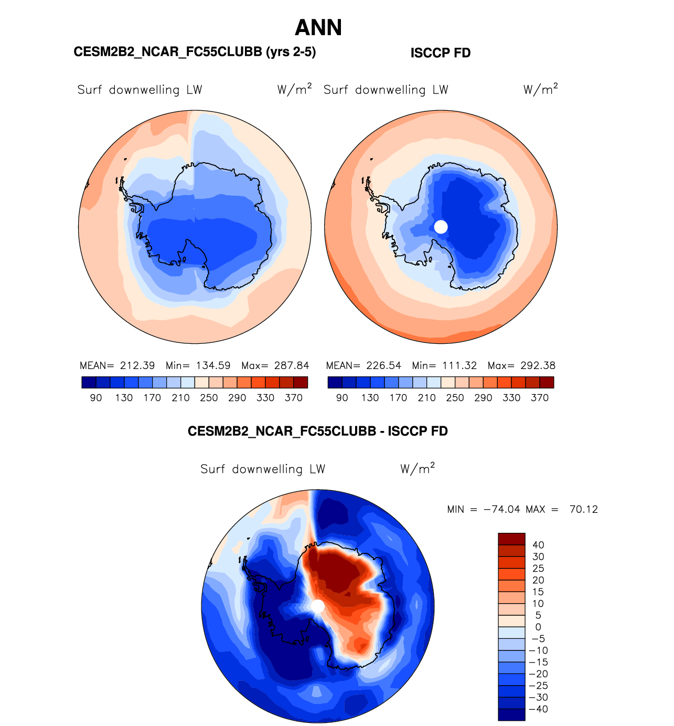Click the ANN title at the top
click(318, 28)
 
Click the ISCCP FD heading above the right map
click(441, 53)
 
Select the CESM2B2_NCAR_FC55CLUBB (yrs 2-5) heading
click(195, 52)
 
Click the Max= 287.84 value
click(275, 365)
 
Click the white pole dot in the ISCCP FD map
click(441, 227)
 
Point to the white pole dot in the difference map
click(317, 606)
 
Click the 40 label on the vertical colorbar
click(538, 545)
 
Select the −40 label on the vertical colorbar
click(538, 709)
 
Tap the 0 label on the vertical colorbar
click(538, 627)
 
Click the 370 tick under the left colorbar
click(294, 398)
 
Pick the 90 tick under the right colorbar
click(342, 398)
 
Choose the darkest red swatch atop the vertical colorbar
click(511, 539)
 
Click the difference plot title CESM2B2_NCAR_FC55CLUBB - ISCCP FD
click(318, 432)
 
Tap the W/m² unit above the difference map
click(418, 468)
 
